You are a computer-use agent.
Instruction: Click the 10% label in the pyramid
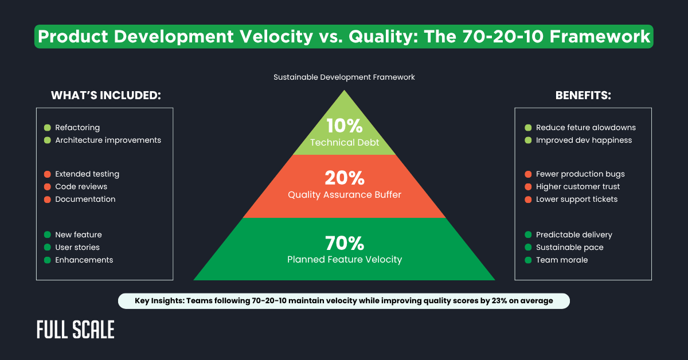pos(344,125)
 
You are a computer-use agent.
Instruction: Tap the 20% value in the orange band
pos(344,178)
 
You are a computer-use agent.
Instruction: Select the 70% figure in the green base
pos(344,244)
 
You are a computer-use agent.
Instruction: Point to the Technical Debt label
pos(344,142)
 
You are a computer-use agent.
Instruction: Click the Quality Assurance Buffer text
pos(344,195)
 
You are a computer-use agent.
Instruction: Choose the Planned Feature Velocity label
pos(344,260)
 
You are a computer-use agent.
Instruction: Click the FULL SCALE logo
pos(75,330)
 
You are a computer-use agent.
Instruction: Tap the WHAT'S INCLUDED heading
pos(105,96)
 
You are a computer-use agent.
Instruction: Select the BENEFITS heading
pos(583,96)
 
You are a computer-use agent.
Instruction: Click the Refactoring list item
pos(77,128)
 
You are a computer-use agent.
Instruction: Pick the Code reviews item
pos(81,186)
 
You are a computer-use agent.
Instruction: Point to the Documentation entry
pos(85,199)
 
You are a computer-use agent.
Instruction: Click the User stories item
pos(77,247)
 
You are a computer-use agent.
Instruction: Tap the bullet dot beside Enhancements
pos(47,260)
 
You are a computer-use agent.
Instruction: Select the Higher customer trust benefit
pos(578,186)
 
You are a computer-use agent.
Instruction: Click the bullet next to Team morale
pos(528,260)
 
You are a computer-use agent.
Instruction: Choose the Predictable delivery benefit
pos(574,234)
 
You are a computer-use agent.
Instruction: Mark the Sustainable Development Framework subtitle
pos(344,76)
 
